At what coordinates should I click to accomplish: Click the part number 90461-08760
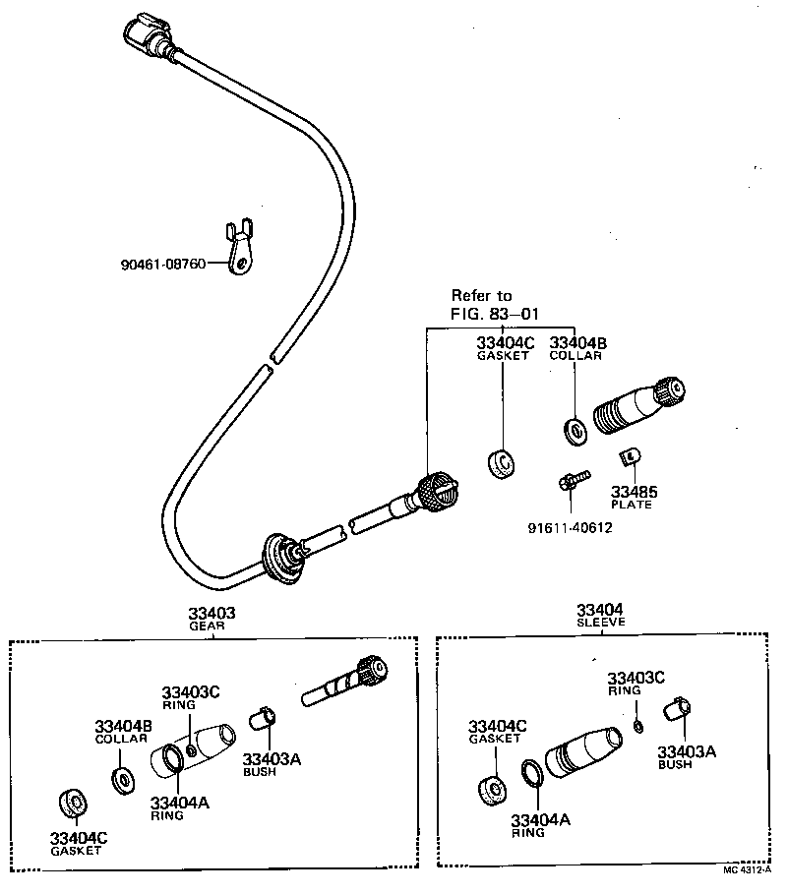click(163, 265)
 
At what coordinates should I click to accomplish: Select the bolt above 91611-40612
click(572, 481)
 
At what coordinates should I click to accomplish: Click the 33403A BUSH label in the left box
click(272, 763)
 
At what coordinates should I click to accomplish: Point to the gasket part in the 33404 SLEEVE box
click(490, 788)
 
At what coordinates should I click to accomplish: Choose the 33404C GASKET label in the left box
click(79, 843)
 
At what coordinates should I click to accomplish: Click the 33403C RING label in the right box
click(636, 683)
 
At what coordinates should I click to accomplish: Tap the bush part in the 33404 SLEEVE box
click(675, 709)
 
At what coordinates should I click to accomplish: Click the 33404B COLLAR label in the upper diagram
click(577, 348)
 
